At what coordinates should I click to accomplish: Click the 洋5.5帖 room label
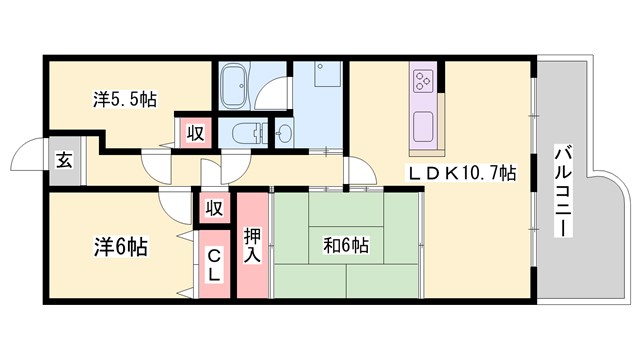pos(125,100)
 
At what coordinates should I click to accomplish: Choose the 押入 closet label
pos(253,246)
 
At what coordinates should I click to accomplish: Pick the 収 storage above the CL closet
pos(213,208)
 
